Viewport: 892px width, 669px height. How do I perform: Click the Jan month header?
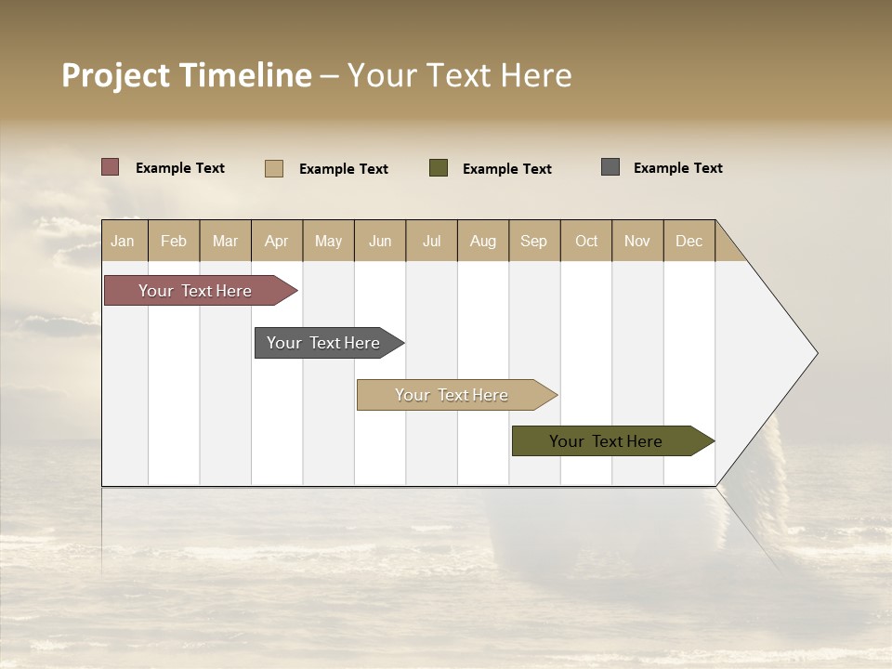click(x=123, y=241)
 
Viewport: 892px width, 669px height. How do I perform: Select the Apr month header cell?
click(x=276, y=241)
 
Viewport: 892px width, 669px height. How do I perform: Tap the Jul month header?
click(x=431, y=241)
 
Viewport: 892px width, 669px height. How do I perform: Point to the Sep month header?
click(x=533, y=241)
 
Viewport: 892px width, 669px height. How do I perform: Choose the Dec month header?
click(x=689, y=241)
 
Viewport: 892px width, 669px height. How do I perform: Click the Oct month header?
click(x=586, y=241)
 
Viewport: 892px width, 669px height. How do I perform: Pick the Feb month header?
click(x=174, y=241)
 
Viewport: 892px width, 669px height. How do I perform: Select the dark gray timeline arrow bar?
click(x=325, y=343)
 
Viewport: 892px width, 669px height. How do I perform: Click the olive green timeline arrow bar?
click(x=609, y=441)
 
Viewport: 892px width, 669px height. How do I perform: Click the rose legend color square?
click(x=110, y=167)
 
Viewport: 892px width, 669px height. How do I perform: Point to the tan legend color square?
click(x=273, y=168)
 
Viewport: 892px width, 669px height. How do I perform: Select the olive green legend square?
click(x=438, y=168)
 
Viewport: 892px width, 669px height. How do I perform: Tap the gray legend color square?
click(x=610, y=167)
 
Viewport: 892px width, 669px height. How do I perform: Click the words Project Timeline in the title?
click(x=186, y=75)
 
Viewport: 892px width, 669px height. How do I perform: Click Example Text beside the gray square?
click(x=677, y=168)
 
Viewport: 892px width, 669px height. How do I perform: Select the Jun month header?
click(x=380, y=241)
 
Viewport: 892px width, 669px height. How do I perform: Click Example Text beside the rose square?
click(x=180, y=168)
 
